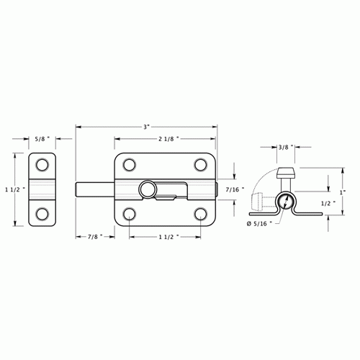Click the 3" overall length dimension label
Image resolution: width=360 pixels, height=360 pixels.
pyautogui.click(x=146, y=127)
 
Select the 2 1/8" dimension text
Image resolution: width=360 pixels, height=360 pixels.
pyautogui.click(x=166, y=138)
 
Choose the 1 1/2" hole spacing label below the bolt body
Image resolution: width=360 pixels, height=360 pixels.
pyautogui.click(x=165, y=236)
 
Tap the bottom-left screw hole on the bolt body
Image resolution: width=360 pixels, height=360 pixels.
pyautogui.click(x=130, y=213)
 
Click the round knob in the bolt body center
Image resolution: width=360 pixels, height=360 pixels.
pyautogui.click(x=148, y=189)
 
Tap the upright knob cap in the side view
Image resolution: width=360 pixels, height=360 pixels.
pyautogui.click(x=286, y=172)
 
